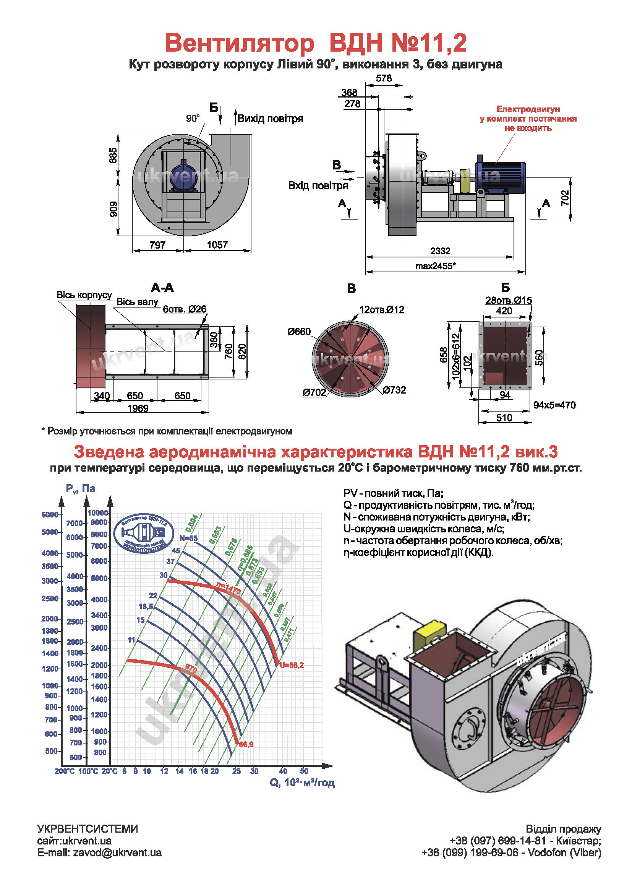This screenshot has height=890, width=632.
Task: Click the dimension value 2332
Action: pyautogui.click(x=440, y=251)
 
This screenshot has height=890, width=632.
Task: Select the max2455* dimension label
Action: pyautogui.click(x=436, y=267)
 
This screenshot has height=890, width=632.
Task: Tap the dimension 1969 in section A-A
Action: pyautogui.click(x=138, y=408)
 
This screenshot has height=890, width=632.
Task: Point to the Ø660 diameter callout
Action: pyautogui.click(x=299, y=332)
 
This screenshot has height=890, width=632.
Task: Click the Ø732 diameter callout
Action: pyautogui.click(x=394, y=390)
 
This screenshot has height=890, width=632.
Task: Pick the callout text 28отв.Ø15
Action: pyautogui.click(x=508, y=301)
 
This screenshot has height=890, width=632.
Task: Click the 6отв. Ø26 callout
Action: pyautogui.click(x=185, y=309)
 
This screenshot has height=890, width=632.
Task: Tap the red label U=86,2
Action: pyautogui.click(x=292, y=665)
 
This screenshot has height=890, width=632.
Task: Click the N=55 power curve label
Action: pyautogui.click(x=188, y=538)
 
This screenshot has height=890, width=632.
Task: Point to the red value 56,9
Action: pyautogui.click(x=246, y=744)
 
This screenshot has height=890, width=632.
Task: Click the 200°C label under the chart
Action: pyautogui.click(x=65, y=771)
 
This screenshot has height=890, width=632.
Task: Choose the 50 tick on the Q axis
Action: pyautogui.click(x=304, y=771)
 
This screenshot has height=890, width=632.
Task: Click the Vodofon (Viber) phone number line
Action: pyautogui.click(x=511, y=853)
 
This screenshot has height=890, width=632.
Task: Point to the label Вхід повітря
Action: pyautogui.click(x=318, y=186)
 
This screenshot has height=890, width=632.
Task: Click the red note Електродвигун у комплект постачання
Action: pyautogui.click(x=528, y=119)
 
